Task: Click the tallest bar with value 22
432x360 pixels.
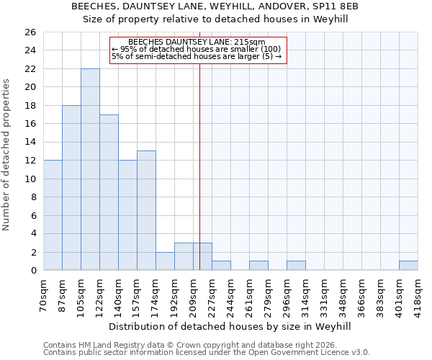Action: pyautogui.click(x=90, y=169)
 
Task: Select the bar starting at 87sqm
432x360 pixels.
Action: pyautogui.click(x=71, y=187)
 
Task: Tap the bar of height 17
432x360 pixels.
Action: pyautogui.click(x=109, y=192)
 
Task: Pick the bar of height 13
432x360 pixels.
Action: pyautogui.click(x=146, y=210)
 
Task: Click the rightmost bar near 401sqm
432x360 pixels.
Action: pyautogui.click(x=408, y=266)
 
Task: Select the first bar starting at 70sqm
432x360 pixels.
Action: pyautogui.click(x=53, y=215)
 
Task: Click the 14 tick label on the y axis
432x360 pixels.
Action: pyautogui.click(x=30, y=142)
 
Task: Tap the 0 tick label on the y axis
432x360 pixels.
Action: pyautogui.click(x=32, y=271)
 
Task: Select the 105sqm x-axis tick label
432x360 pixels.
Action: pyautogui.click(x=81, y=295)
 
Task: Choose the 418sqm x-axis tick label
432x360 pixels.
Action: pyautogui.click(x=418, y=295)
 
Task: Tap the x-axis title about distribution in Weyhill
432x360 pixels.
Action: pyautogui.click(x=230, y=326)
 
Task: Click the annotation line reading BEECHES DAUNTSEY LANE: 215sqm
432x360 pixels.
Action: pyautogui.click(x=197, y=42)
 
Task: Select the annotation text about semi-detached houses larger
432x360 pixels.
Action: pyautogui.click(x=197, y=56)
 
